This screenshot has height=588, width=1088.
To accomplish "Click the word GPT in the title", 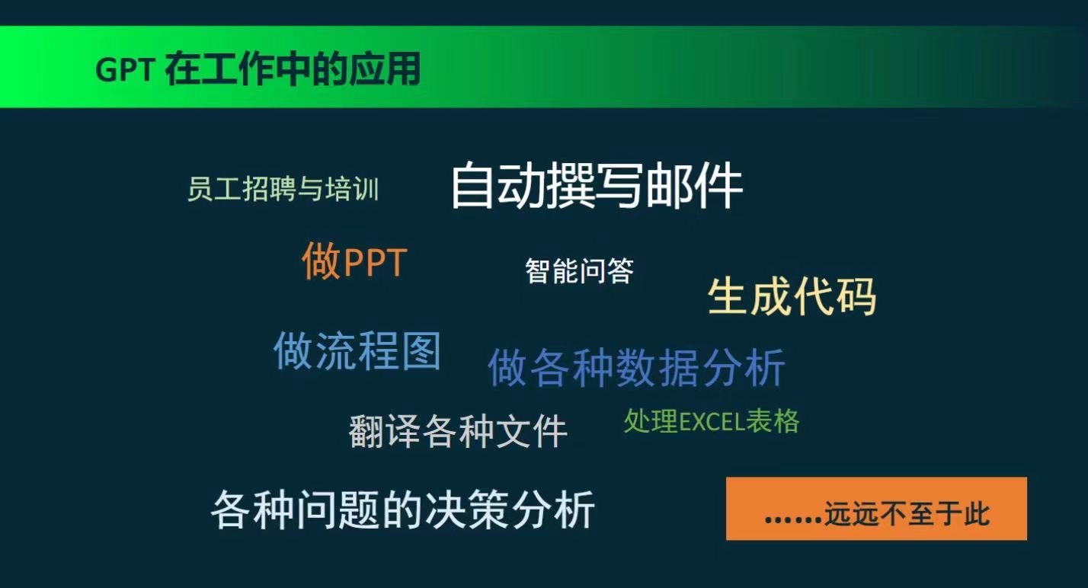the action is coord(125,69).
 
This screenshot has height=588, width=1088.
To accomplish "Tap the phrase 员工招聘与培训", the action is coord(283,188).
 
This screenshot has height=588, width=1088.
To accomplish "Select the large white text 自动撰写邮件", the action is coord(597,186).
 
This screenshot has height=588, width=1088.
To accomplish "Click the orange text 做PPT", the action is coord(354,261).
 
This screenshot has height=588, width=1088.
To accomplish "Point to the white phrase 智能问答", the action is coord(580,270).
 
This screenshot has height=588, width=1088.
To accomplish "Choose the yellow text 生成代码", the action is coord(792,296).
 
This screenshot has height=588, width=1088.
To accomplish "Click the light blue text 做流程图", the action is coord(357,350).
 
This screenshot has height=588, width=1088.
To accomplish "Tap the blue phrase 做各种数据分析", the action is coord(636,367).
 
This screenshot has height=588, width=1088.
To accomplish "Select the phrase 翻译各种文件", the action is coord(458,430).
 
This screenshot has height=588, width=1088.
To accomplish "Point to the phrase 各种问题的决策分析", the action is coord(403,509).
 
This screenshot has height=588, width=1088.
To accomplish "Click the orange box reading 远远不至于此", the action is coord(876,508).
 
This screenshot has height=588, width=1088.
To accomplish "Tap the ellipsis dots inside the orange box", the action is coord(794,519).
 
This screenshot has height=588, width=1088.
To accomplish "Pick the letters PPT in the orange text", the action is coord(375,263).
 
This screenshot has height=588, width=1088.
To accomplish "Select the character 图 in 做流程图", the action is coord(421,350).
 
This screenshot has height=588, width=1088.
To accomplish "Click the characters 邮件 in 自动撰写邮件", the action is coord(693,186).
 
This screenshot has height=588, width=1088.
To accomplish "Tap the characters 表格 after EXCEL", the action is coord(773,420).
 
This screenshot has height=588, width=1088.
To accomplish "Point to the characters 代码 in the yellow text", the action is coord(834,296).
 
